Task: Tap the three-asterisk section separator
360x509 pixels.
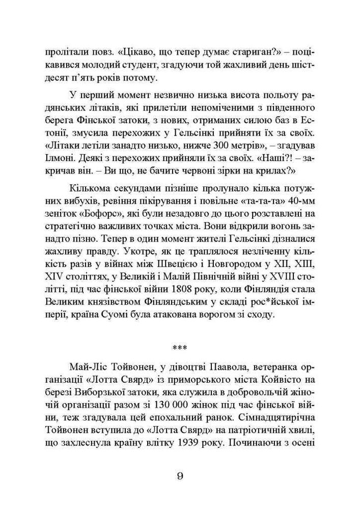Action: point(180,349)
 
